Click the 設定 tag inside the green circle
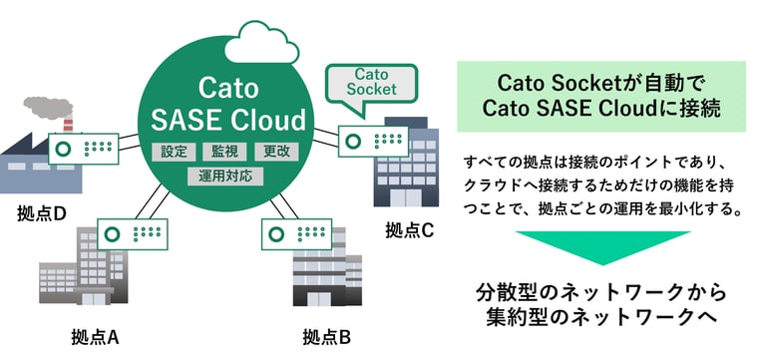click(x=174, y=153)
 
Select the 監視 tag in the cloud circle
click(x=224, y=153)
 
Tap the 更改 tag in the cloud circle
click(x=276, y=153)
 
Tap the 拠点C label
click(x=410, y=230)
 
